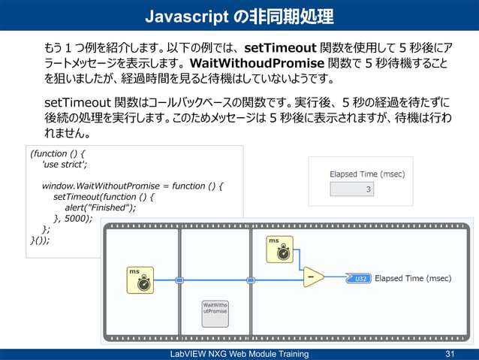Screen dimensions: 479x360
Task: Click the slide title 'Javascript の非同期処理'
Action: [239, 16]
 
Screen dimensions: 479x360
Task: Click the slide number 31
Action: [450, 354]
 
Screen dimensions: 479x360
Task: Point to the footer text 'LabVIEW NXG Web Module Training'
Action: [239, 354]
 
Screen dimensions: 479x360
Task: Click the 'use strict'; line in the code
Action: [65, 165]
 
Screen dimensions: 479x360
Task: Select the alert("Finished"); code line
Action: [100, 208]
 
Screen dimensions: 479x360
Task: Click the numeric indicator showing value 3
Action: [352, 189]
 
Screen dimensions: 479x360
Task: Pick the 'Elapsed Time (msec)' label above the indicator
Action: [367, 174]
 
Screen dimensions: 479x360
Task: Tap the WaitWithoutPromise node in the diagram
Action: [215, 312]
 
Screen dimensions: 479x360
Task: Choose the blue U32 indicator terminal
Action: [359, 278]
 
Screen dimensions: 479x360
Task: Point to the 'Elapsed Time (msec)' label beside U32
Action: [413, 278]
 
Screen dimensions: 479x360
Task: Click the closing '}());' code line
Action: [40, 241]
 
